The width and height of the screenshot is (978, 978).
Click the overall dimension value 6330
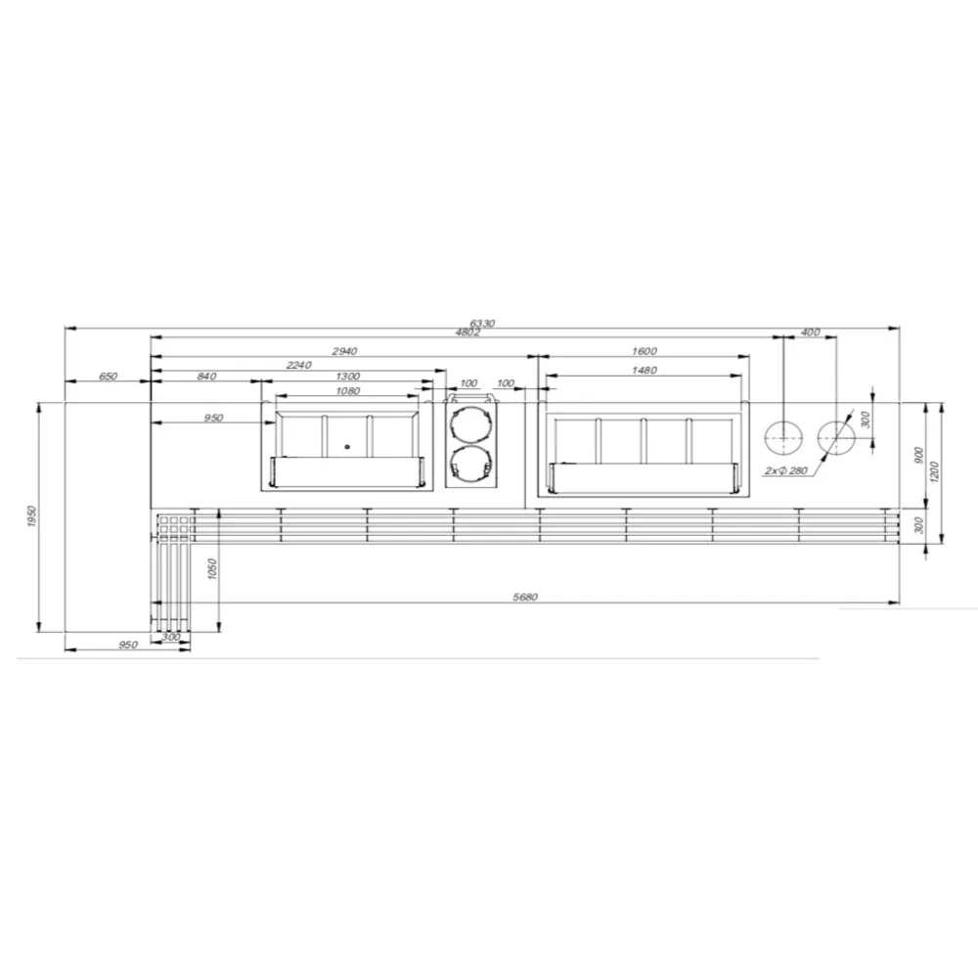click(482, 323)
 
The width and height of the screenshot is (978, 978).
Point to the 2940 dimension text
click(345, 350)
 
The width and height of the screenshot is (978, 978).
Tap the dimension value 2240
click(298, 365)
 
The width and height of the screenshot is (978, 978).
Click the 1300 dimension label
click(346, 377)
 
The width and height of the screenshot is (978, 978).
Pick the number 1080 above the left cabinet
click(347, 391)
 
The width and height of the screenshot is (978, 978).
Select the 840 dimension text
click(206, 377)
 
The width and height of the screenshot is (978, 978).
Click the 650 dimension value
click(108, 377)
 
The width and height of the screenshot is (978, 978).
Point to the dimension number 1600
click(645, 350)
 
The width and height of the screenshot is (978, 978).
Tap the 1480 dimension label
click(645, 370)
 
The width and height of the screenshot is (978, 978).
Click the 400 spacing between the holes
click(810, 333)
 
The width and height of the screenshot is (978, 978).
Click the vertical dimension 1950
click(31, 515)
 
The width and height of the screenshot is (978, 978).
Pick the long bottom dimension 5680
click(526, 597)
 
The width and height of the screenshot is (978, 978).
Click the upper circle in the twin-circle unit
click(471, 422)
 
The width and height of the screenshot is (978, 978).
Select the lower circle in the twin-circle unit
click(471, 464)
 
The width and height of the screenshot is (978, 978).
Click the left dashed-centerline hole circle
click(783, 439)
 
